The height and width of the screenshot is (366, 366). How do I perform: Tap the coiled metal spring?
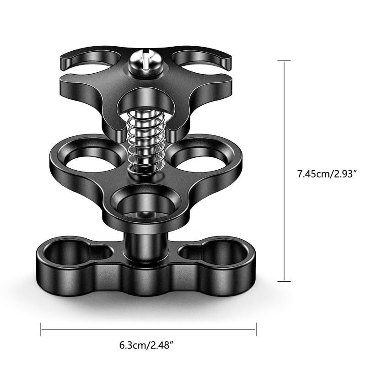coord(145,142)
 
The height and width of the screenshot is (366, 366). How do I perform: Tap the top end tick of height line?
coord(285,60)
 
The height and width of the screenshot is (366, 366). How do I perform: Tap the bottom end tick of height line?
coord(285,281)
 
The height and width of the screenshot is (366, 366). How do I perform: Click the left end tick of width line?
coord(41,328)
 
